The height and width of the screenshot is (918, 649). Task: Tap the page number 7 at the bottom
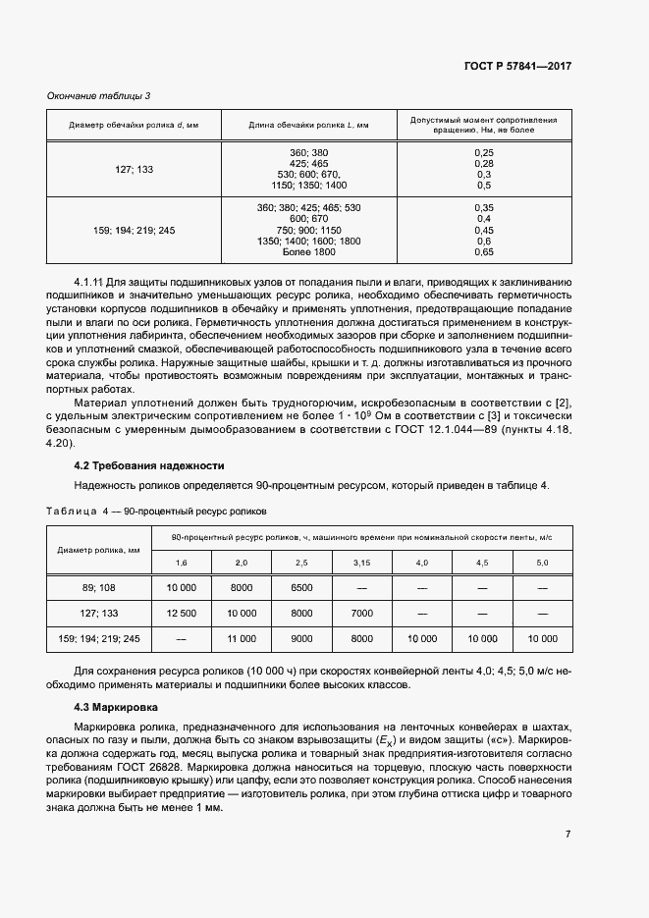click(568, 835)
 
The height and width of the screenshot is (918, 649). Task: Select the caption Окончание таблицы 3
click(99, 95)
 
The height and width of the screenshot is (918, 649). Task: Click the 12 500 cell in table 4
click(182, 613)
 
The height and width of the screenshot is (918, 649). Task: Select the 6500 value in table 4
click(301, 587)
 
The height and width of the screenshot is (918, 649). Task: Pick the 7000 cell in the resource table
click(361, 613)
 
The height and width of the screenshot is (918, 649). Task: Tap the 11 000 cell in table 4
click(242, 638)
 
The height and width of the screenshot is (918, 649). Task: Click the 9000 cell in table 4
click(301, 638)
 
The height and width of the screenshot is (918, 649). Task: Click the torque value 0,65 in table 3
click(483, 252)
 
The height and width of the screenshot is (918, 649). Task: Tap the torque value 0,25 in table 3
click(483, 153)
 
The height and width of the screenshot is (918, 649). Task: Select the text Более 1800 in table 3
click(308, 252)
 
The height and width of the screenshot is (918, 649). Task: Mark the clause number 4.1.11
click(88, 282)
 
